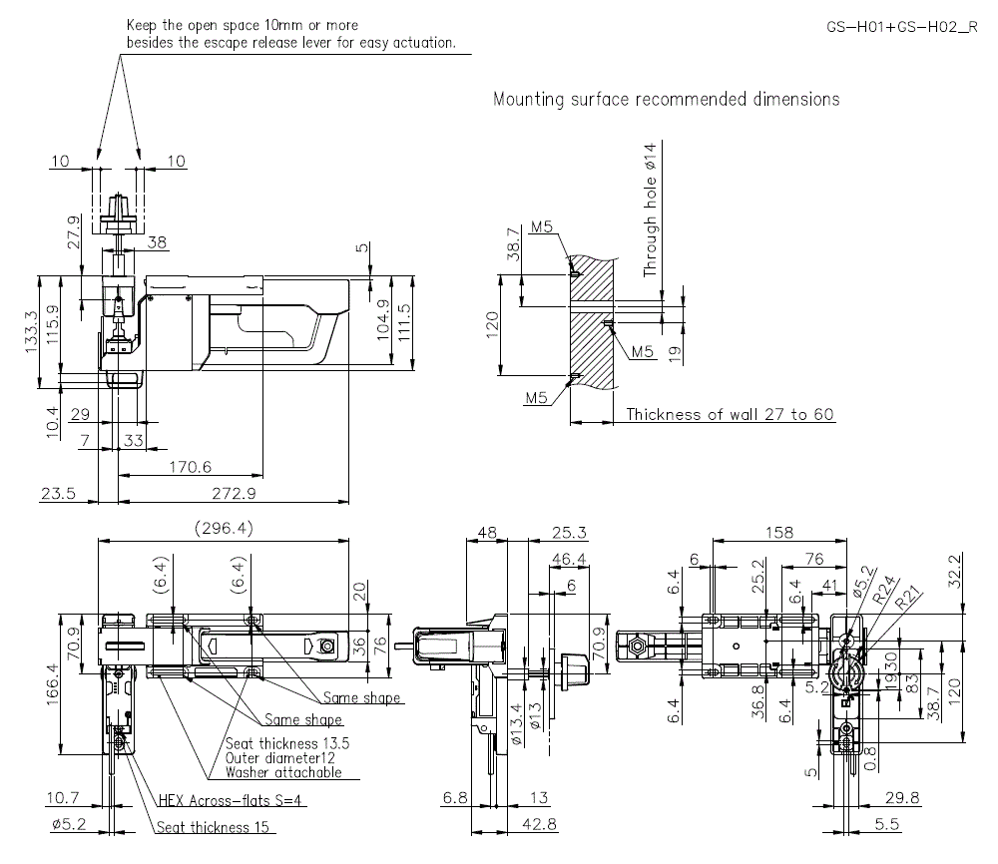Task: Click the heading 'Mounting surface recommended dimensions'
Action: pyautogui.click(x=666, y=99)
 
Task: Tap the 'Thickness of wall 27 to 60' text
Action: pyautogui.click(x=730, y=414)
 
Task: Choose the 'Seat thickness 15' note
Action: pyautogui.click(x=215, y=827)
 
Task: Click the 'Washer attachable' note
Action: pyautogui.click(x=282, y=772)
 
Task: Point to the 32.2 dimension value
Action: pyautogui.click(x=956, y=569)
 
